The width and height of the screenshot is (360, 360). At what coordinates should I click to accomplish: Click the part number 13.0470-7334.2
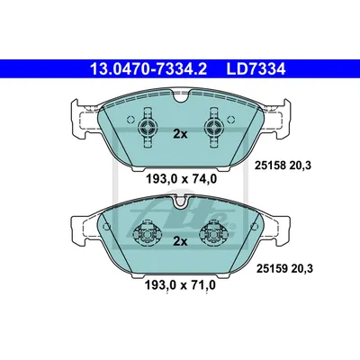click(148, 69)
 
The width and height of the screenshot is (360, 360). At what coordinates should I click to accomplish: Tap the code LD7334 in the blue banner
click(256, 69)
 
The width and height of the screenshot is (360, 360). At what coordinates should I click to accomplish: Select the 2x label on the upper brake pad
click(180, 134)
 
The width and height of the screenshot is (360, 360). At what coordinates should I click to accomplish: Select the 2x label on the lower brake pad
click(180, 241)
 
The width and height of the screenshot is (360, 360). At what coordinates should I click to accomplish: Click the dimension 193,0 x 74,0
click(181, 179)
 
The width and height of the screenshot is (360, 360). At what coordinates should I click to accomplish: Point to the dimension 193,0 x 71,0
click(180, 285)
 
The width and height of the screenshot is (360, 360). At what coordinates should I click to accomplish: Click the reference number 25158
click(270, 165)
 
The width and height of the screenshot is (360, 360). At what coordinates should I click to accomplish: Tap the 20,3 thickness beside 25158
click(300, 166)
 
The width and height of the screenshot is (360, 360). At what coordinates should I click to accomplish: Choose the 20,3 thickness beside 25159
click(301, 269)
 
